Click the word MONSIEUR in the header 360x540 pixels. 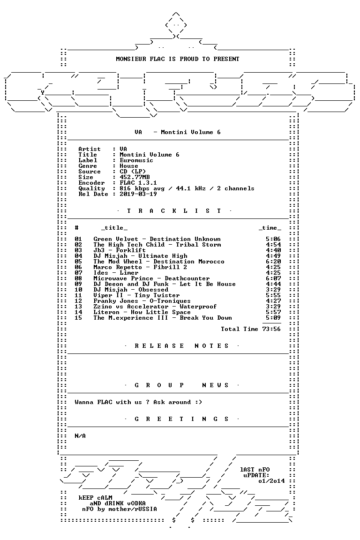(131, 59)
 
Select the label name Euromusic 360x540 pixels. (136, 160)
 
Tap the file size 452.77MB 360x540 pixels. (135, 177)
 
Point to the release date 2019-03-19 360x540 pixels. (138, 194)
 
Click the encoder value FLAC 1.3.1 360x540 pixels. (138, 183)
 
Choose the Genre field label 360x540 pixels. (88, 166)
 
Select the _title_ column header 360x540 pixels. (114, 228)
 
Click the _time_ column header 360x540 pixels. (270, 228)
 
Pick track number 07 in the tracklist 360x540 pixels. (79, 273)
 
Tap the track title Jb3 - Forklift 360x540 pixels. (120, 250)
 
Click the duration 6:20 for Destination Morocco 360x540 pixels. (274, 262)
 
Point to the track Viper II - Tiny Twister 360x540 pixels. (136, 295)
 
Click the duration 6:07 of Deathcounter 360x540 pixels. (274, 278)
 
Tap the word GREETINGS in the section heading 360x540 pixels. (181, 419)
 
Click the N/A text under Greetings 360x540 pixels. (80, 436)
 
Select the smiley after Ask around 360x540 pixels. (198, 402)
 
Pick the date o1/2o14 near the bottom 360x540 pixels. (271, 481)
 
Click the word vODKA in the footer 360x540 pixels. (135, 503)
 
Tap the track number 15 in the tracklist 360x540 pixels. (79, 318)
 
